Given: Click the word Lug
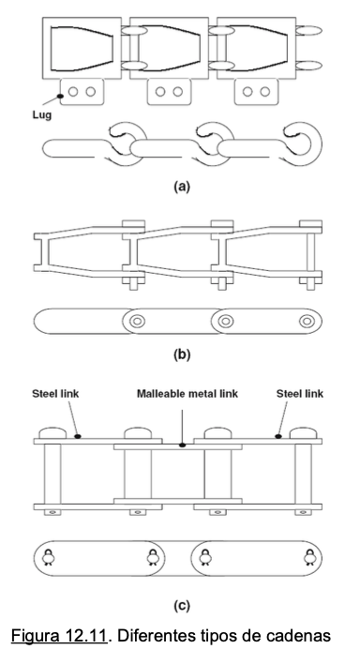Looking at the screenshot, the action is (x=42, y=114).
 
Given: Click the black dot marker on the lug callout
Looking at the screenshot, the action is (x=60, y=96).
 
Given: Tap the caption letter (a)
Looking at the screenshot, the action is (x=182, y=187).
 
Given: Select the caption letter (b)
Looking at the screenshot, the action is (x=182, y=355).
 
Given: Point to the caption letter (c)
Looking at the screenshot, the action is (x=182, y=606).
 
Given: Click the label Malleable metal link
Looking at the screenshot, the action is (x=187, y=393).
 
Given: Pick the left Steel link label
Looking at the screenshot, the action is (x=55, y=393).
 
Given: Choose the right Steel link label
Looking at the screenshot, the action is (x=300, y=393).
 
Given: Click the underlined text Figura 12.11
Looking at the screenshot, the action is (x=59, y=635).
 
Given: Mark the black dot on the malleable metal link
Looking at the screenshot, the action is (x=182, y=445).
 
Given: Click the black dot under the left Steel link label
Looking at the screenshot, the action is (x=78, y=436).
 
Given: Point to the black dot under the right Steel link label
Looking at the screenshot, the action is (x=278, y=436).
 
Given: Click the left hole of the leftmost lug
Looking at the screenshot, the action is (x=73, y=92).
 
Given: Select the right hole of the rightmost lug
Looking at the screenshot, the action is (x=265, y=92).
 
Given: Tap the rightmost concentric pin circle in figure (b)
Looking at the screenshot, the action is (x=307, y=321).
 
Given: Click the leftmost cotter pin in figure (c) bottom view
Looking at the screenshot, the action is (x=49, y=557).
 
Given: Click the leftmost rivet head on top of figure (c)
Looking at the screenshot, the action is (x=52, y=433).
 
